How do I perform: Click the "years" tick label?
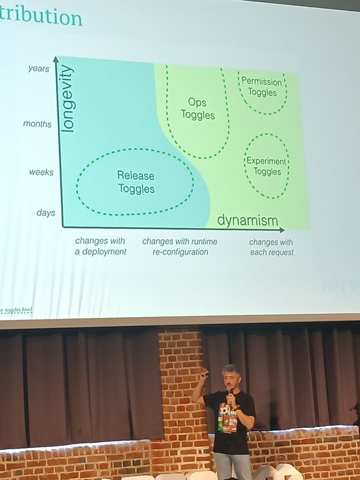[39, 69]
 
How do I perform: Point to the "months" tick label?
[37, 124]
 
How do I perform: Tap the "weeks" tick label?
[41, 172]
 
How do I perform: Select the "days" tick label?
[46, 213]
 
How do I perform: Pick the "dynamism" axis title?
[248, 220]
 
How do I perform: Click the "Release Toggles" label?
[136, 182]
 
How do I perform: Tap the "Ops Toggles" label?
[198, 109]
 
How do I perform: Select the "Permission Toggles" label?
[262, 87]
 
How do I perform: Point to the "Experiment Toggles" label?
[266, 167]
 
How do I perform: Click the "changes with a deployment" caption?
[100, 246]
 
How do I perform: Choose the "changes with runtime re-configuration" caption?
[180, 246]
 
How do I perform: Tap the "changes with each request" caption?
[271, 247]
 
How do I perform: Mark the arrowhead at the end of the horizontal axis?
[282, 230]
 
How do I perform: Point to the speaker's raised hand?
[204, 374]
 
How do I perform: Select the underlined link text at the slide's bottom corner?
[16, 310]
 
